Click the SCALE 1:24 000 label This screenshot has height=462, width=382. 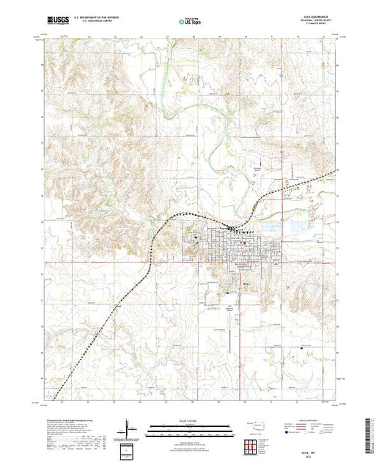[183, 423]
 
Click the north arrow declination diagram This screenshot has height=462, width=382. [129, 427]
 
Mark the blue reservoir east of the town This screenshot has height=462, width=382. [297, 227]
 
